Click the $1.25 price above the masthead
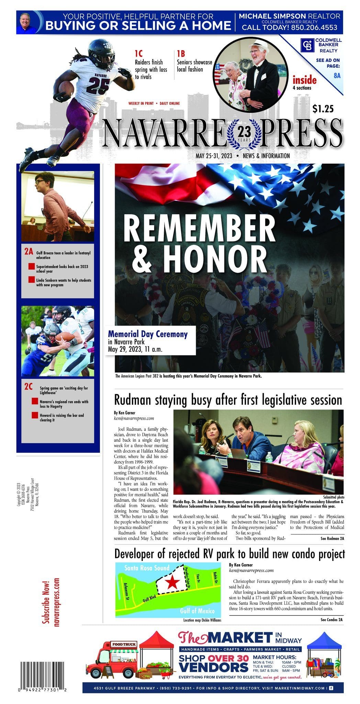tap(323, 109)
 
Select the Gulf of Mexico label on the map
tap(197, 610)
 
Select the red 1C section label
tap(138, 54)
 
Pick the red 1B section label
tap(181, 54)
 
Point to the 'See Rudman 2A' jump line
tap(332, 538)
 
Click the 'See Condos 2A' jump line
tap(331, 619)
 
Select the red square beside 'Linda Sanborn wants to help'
tap(32, 280)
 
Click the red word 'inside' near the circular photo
tap(304, 80)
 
